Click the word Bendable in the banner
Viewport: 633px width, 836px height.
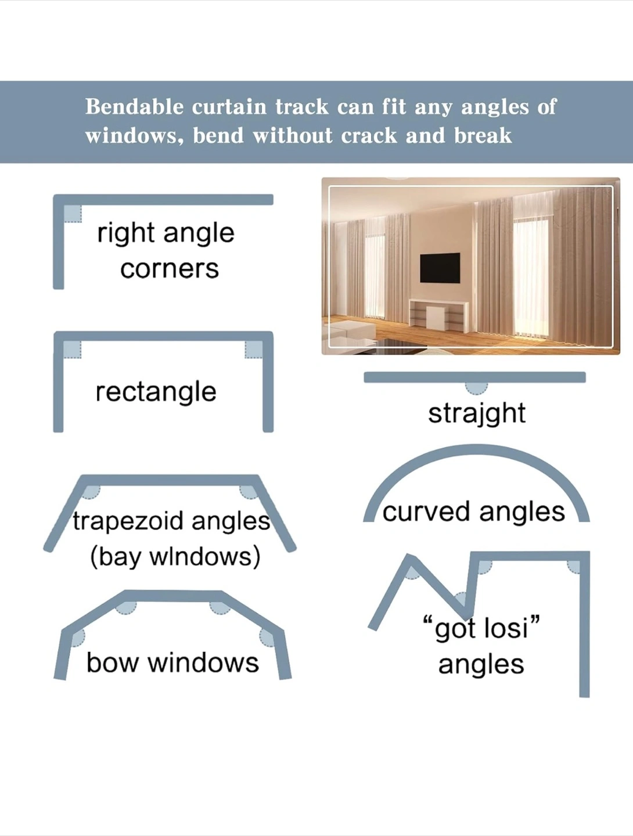[x=134, y=107]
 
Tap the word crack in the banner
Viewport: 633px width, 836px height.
[x=369, y=136]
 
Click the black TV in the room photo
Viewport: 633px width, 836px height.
[x=440, y=268]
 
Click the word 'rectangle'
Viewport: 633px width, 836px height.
[x=156, y=392]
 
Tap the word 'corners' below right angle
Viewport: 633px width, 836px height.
[x=170, y=269]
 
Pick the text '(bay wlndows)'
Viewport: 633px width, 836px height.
[x=175, y=557]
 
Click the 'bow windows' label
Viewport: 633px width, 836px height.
[x=172, y=663]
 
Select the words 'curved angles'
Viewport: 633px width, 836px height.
[x=474, y=512]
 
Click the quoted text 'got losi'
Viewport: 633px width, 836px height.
[x=481, y=628]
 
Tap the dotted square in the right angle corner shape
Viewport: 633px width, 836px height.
[x=73, y=214]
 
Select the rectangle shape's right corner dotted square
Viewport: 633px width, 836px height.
[x=254, y=349]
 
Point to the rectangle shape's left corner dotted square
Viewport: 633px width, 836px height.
[x=73, y=349]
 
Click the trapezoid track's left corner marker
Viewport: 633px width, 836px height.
[x=91, y=492]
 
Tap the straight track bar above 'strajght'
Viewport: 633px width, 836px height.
[x=474, y=377]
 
